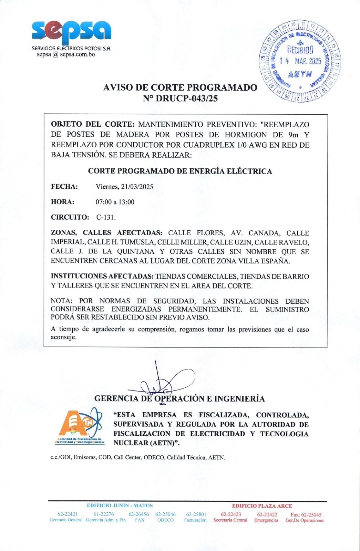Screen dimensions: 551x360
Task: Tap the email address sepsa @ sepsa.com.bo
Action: click(x=66, y=54)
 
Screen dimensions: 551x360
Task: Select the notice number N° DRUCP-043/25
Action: click(x=180, y=98)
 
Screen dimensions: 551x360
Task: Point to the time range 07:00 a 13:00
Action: click(x=115, y=202)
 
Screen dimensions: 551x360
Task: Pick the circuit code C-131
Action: click(x=106, y=218)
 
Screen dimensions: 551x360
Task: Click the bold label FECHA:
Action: click(x=64, y=187)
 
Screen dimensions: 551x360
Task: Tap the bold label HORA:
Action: click(x=63, y=202)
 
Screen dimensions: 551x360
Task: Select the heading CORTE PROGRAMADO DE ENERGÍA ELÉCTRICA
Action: click(x=180, y=171)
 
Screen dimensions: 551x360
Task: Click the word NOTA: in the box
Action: click(x=62, y=301)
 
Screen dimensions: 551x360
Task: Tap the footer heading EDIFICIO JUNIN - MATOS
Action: click(x=120, y=506)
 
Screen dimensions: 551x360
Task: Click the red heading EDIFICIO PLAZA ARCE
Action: click(x=262, y=506)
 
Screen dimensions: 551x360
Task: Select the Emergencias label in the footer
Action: click(x=266, y=520)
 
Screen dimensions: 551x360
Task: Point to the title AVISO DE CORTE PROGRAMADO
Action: click(x=180, y=87)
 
